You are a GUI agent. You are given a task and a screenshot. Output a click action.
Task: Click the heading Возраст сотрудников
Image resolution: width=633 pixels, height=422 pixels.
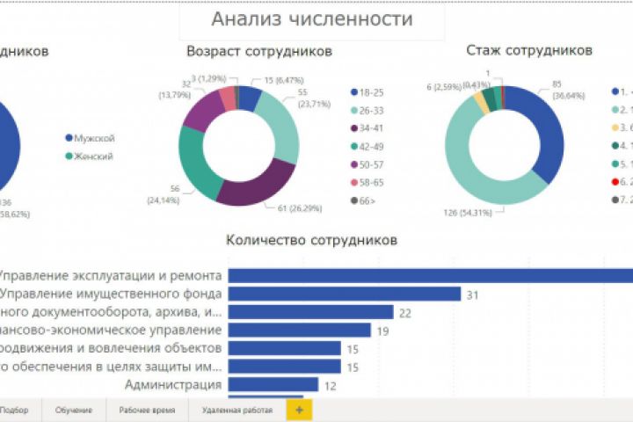259,52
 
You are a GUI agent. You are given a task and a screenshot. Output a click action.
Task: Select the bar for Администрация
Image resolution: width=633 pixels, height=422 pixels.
273,385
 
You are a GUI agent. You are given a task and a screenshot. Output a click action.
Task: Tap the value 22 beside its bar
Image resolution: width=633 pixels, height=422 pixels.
405,313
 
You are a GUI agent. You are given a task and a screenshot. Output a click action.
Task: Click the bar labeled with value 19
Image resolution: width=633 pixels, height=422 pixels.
298,331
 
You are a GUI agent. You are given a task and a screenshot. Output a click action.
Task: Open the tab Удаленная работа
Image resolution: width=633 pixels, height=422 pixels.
236,410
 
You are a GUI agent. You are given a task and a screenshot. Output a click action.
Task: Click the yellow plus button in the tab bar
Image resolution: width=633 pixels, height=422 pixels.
299,410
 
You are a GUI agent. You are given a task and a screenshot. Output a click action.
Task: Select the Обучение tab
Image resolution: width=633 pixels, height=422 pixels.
73,410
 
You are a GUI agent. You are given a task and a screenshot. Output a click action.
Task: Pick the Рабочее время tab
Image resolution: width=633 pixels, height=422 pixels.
145,410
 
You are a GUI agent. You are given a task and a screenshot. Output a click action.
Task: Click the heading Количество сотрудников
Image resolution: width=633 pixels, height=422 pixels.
311,239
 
